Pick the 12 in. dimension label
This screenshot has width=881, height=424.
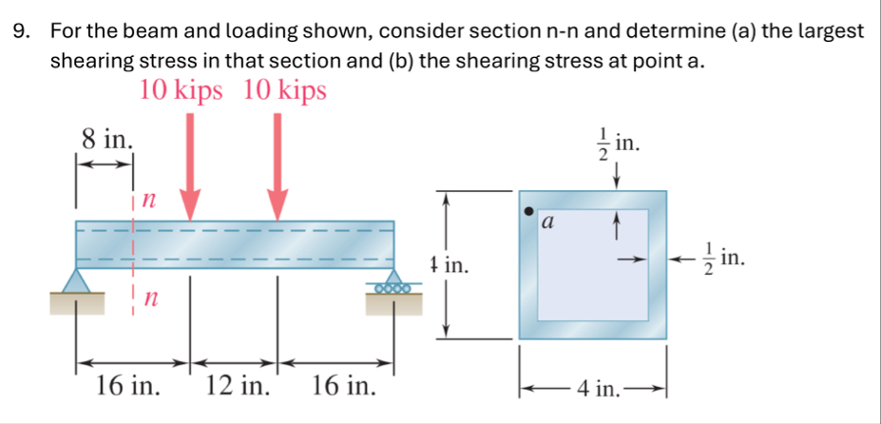click(237, 388)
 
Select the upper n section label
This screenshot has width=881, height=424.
click(147, 200)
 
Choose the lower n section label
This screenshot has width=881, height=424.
click(147, 299)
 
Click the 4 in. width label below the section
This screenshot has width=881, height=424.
click(593, 388)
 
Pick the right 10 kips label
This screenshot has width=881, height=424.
click(285, 91)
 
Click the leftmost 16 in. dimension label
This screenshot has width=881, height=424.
click(126, 388)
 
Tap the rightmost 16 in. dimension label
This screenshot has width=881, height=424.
click(343, 388)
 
